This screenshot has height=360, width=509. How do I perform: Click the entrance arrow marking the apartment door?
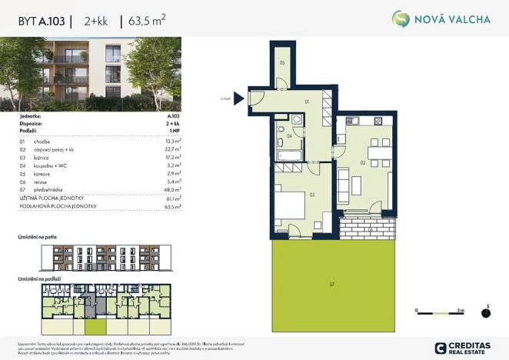(238, 98)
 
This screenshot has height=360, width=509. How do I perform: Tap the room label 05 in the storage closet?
(282, 62)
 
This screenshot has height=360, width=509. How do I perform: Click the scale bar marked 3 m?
(437, 312)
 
